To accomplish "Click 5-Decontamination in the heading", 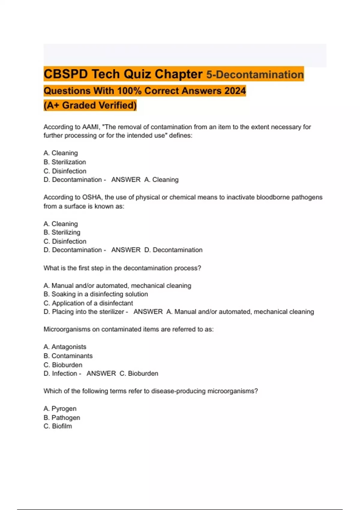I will coord(255,74).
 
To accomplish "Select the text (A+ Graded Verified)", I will coord(90,105).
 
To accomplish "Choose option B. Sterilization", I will coord(65,162).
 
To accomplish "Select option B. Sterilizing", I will coord(62,232).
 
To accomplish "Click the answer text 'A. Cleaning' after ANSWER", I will coord(161,180).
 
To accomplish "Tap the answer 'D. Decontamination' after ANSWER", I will coord(173,250).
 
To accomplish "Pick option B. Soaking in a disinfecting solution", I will coord(96,294).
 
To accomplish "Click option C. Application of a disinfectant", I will coord(88,303).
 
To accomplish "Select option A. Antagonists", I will coord(65,347).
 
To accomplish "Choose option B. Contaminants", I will coord(68,356).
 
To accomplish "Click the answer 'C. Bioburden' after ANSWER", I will coord(139,373).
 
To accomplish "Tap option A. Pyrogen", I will coord(60,409).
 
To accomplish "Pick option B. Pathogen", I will coord(62,418).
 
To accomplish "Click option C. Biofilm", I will coord(58,426).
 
